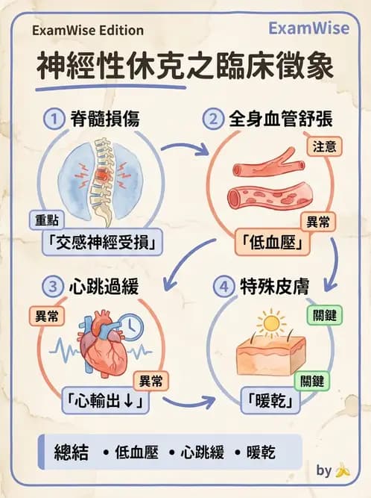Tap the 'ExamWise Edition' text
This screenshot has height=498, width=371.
[88, 31]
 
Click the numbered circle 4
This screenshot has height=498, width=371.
[223, 287]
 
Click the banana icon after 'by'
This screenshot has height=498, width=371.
[343, 471]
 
